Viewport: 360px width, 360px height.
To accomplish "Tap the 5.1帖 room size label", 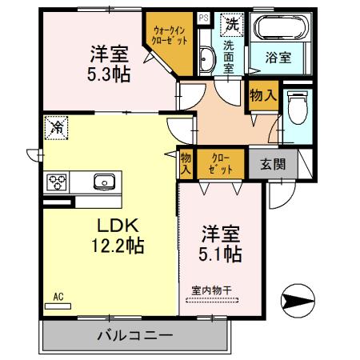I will tap(222, 254).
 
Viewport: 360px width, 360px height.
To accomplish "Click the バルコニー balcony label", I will tap(135, 335).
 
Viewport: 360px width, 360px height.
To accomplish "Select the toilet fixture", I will tap(297, 107).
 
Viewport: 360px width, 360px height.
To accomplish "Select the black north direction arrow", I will tap(294, 302).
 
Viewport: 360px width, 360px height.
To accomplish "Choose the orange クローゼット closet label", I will tap(220, 164).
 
